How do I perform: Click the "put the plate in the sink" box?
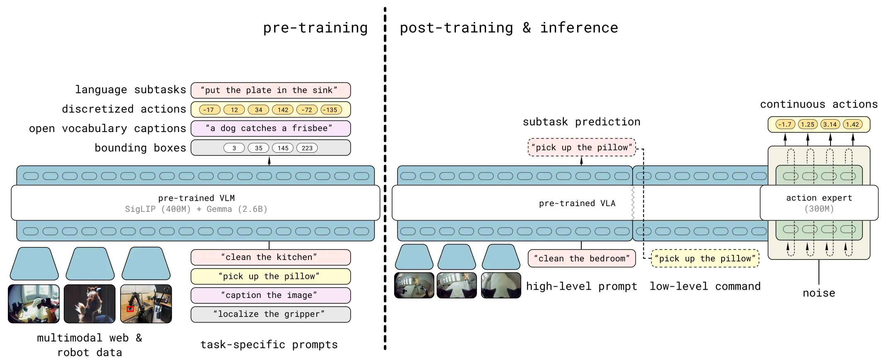pos(271,90)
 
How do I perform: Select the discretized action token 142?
pos(283,110)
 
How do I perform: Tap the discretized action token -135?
pos(331,110)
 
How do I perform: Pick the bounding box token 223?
pos(307,148)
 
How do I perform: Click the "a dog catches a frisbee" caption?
pos(271,128)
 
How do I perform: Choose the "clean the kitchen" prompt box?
pos(271,257)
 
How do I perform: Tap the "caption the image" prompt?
pos(271,295)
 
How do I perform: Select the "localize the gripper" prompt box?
pos(271,314)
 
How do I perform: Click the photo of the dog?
pos(89,304)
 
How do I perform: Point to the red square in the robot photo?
pos(130,309)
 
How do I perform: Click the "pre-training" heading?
pos(315,28)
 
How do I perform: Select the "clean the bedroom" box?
pos(582,258)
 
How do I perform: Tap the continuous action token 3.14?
pos(830,124)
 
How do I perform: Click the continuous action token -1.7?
pos(785,124)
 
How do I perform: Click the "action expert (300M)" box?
pos(819,203)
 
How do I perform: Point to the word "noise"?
pos(819,293)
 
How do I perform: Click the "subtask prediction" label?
pos(581,122)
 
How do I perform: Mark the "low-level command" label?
pos(705,286)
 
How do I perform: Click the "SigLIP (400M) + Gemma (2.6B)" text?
pos(196,209)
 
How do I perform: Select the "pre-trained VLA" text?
pos(577,203)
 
